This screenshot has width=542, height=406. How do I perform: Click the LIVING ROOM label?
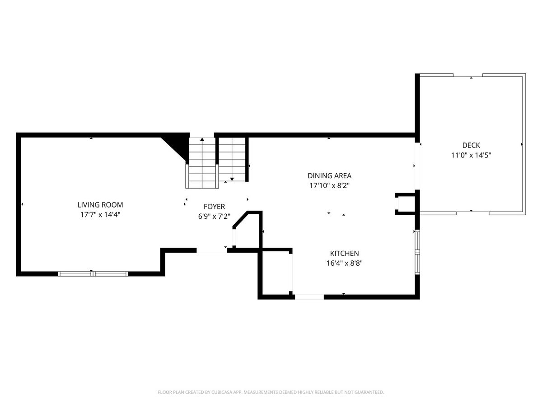(100, 205)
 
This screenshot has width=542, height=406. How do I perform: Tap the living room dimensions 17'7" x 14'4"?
(100, 215)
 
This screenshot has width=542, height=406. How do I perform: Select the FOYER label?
(214, 207)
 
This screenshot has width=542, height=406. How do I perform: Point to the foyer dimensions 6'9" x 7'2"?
(214, 217)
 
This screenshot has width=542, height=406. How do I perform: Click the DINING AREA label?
(329, 176)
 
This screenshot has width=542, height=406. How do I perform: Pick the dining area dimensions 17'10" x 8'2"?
(329, 185)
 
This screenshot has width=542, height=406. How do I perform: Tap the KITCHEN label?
(345, 254)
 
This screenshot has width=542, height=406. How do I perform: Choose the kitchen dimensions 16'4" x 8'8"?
(345, 263)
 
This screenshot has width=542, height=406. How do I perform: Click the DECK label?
(471, 145)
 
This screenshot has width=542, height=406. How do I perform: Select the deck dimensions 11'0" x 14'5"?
(471, 155)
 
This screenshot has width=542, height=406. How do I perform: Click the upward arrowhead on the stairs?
(202, 139)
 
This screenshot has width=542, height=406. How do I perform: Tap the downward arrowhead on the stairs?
(232, 179)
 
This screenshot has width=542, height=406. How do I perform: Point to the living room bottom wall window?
(93, 274)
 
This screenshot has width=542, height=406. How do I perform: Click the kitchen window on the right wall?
(417, 252)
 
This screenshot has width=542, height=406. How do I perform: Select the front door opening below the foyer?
(212, 251)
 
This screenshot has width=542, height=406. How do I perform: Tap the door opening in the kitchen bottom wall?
(309, 297)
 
